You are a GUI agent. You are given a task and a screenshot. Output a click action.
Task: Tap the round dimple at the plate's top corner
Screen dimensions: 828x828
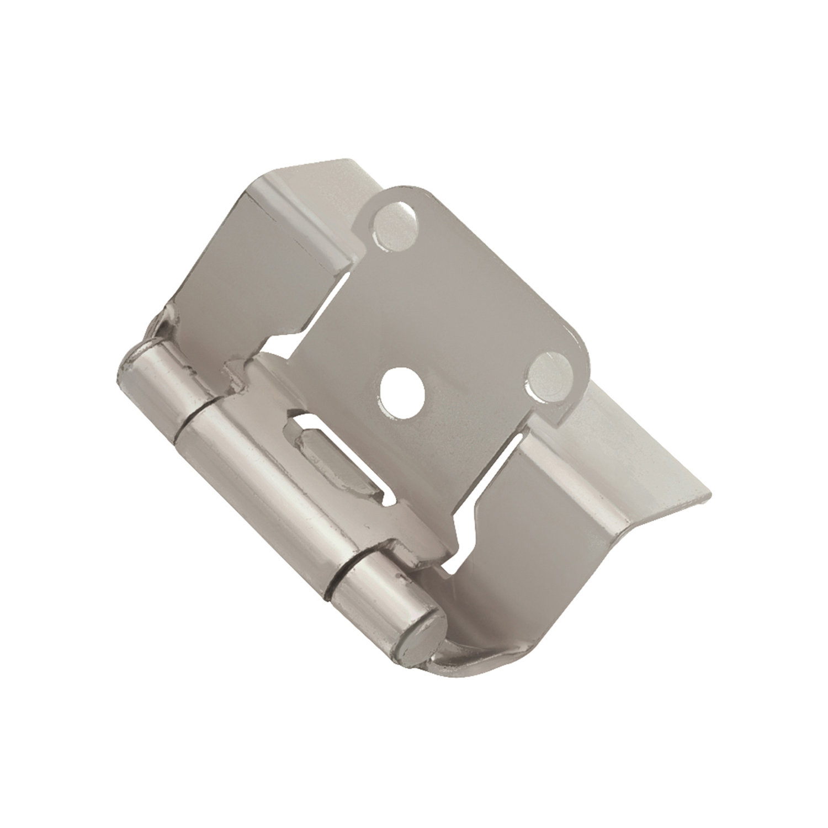click(393, 219)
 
